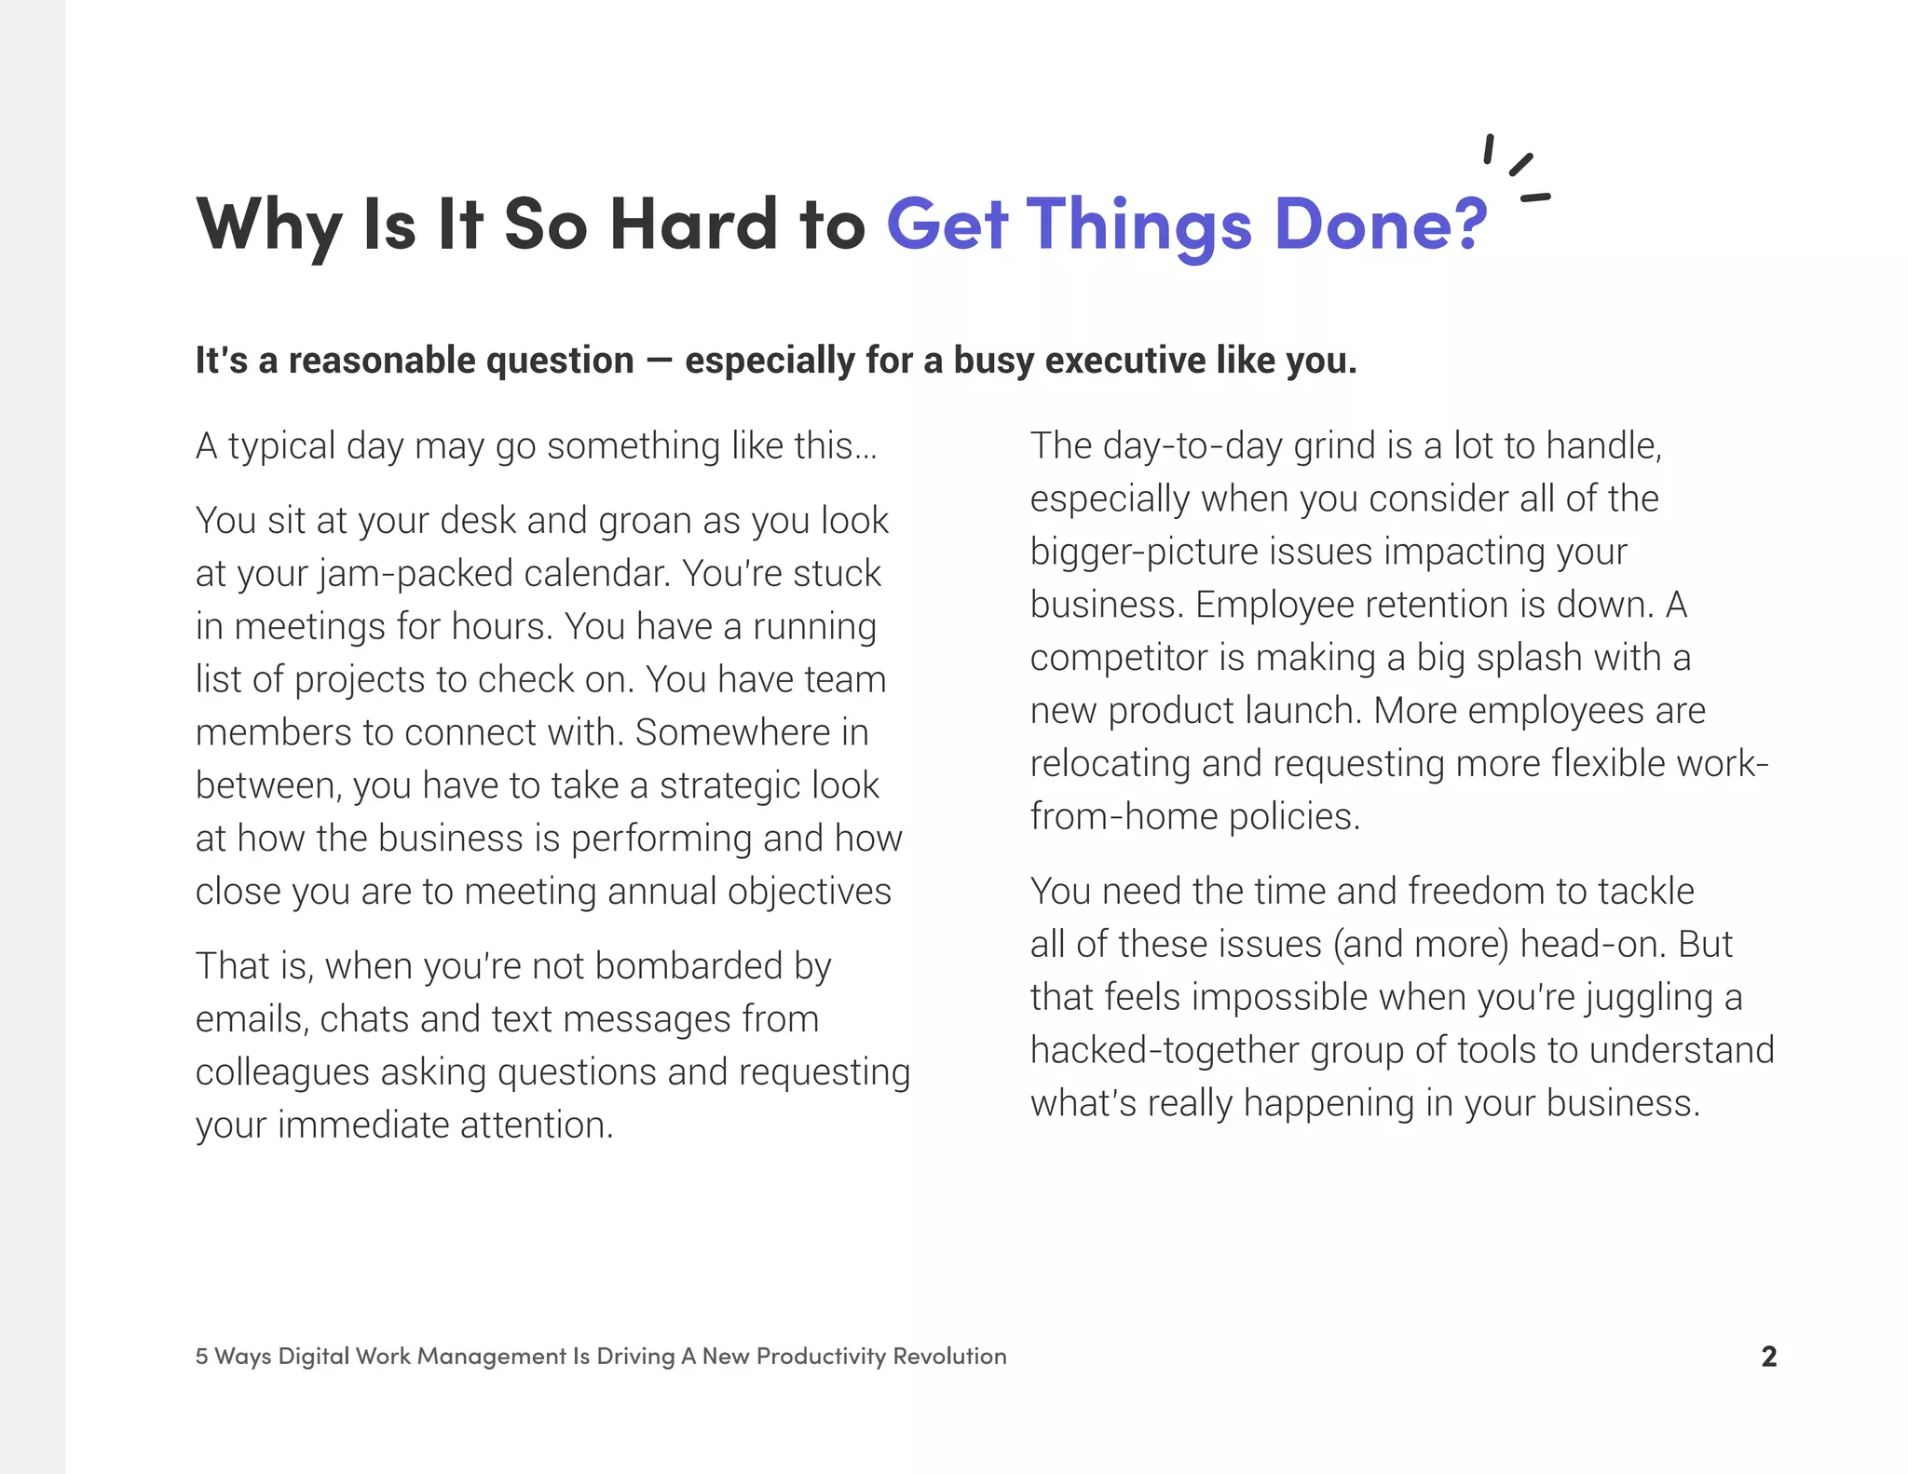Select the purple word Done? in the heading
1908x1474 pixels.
1380,225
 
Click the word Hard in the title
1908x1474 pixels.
693,225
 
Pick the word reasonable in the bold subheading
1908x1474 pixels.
382,361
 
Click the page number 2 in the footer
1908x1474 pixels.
1768,1356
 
